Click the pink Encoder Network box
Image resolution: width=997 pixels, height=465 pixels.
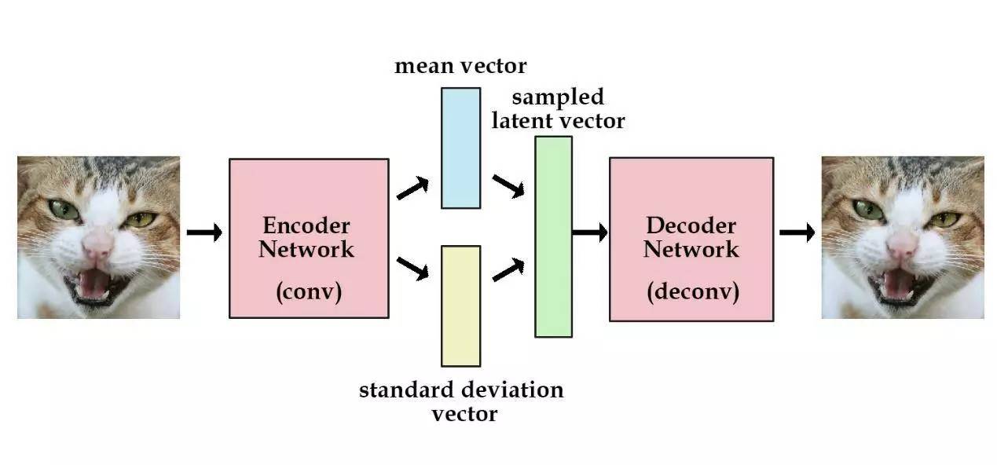pos(308,196)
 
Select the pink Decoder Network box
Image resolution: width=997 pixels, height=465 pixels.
pos(691,196)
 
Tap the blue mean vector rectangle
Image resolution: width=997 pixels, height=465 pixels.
pos(460,148)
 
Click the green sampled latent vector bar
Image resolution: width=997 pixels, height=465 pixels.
pos(553,236)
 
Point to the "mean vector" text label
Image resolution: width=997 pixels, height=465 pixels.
pos(460,65)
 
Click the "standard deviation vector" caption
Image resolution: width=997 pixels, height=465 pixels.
pos(461,401)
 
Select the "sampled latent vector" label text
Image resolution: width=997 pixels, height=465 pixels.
pos(558,108)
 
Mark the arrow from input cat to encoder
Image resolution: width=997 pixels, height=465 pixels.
pos(204,233)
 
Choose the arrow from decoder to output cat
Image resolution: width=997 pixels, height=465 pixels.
pos(797,233)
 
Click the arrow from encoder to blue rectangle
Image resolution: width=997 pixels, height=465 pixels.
pos(412,189)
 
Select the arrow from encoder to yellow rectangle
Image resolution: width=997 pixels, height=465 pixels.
pos(412,269)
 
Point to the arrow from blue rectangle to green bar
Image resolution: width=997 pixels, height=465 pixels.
pos(508,186)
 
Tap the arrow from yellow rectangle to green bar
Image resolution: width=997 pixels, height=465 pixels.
pos(508,269)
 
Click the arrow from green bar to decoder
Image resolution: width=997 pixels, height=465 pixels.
pos(589,233)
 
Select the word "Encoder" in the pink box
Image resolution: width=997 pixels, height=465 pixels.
pos(306,226)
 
